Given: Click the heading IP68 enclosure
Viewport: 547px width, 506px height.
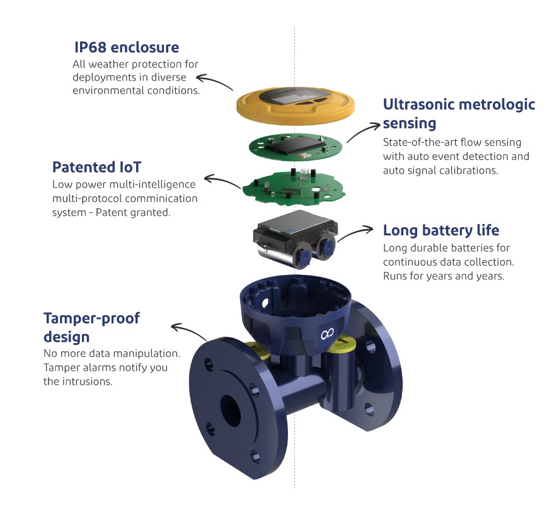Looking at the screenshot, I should click(x=126, y=47).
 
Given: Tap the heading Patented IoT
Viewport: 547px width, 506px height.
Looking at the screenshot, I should click(x=96, y=167).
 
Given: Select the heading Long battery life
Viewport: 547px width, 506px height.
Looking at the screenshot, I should click(x=441, y=230).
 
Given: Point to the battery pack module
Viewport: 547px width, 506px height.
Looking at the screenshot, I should click(x=293, y=239).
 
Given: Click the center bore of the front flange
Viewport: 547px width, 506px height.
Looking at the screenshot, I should click(x=229, y=412).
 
